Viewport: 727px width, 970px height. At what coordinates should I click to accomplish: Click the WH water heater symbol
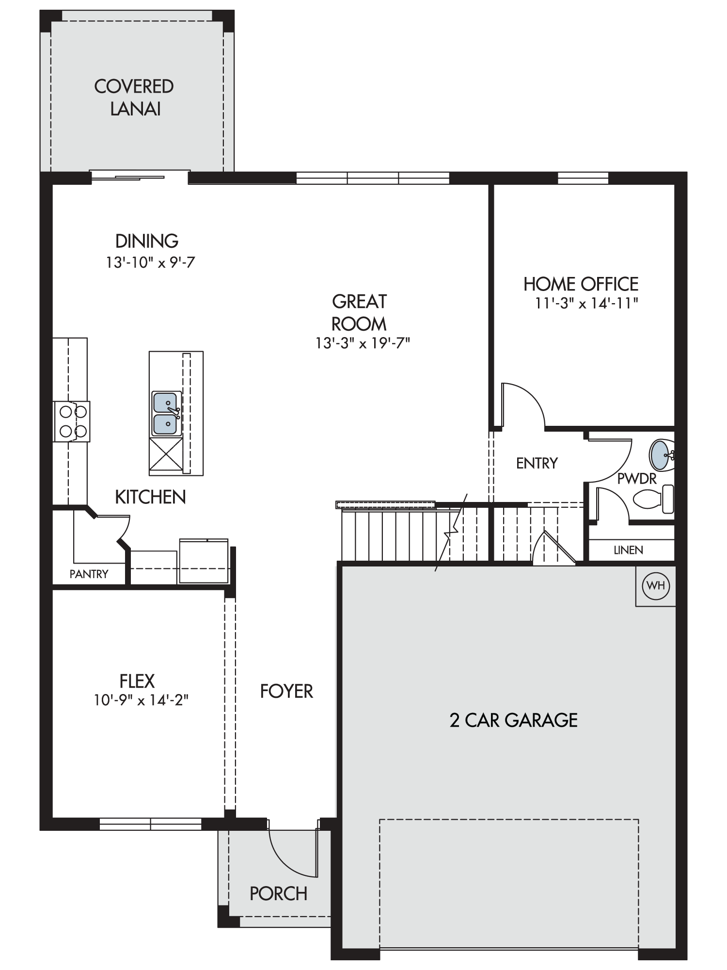click(656, 586)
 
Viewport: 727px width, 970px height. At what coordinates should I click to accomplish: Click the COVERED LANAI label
click(134, 97)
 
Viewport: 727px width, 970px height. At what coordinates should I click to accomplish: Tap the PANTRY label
click(89, 574)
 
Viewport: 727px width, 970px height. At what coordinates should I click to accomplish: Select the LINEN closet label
click(629, 550)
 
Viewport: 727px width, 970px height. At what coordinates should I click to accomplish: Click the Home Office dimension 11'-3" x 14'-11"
click(586, 304)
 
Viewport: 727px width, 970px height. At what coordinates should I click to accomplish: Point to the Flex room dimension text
click(141, 700)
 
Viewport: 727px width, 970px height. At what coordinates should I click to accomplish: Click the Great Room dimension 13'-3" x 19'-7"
click(363, 343)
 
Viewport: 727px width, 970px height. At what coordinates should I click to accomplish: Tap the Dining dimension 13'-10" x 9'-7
click(151, 263)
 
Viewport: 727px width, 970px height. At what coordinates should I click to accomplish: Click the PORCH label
click(279, 893)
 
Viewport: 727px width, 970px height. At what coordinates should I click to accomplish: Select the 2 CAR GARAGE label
click(514, 720)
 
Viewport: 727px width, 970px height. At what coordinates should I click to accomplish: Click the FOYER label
click(286, 691)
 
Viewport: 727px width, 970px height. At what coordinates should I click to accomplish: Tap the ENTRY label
click(537, 463)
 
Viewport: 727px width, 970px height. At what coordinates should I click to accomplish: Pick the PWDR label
click(637, 479)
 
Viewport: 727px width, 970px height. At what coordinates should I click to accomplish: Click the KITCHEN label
click(150, 497)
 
